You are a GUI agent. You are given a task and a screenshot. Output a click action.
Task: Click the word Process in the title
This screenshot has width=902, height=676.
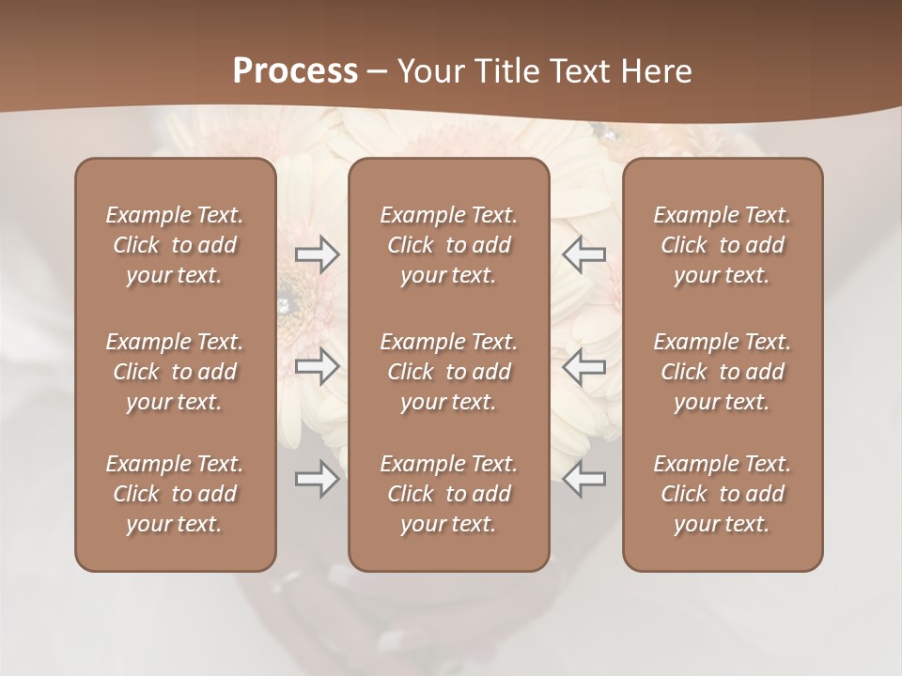(x=295, y=71)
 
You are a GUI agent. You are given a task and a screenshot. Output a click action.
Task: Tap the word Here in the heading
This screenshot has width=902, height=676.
(x=657, y=71)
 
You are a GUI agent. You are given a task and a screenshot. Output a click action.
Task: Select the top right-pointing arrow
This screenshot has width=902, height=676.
(x=318, y=255)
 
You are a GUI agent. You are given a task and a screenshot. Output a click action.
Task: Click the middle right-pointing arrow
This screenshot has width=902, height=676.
(x=318, y=366)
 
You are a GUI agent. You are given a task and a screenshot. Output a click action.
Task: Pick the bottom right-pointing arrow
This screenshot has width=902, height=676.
(x=318, y=479)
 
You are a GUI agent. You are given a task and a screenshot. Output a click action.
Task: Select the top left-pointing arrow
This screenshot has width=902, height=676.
(x=583, y=255)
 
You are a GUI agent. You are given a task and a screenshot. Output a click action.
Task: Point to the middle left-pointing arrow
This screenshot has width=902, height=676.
(x=583, y=366)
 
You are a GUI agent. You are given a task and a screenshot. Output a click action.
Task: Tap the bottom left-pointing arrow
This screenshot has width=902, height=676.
(x=583, y=479)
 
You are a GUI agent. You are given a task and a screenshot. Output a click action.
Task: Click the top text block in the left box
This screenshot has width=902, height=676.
(x=175, y=245)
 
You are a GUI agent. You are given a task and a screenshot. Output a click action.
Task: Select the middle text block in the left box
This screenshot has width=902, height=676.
(x=175, y=372)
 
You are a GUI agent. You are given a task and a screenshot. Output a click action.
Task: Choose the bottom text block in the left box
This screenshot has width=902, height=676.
(x=175, y=494)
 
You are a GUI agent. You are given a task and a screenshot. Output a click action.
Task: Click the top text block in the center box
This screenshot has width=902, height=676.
(x=449, y=245)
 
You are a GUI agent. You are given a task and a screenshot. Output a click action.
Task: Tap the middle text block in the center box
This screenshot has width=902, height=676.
(x=449, y=372)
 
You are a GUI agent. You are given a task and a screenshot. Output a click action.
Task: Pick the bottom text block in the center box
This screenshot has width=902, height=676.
(x=449, y=494)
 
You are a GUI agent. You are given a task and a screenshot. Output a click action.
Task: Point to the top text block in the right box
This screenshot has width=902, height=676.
(x=723, y=245)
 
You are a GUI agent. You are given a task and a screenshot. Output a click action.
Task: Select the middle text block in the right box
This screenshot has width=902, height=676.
(x=723, y=372)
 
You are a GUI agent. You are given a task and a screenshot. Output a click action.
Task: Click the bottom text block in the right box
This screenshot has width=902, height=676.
(x=723, y=494)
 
